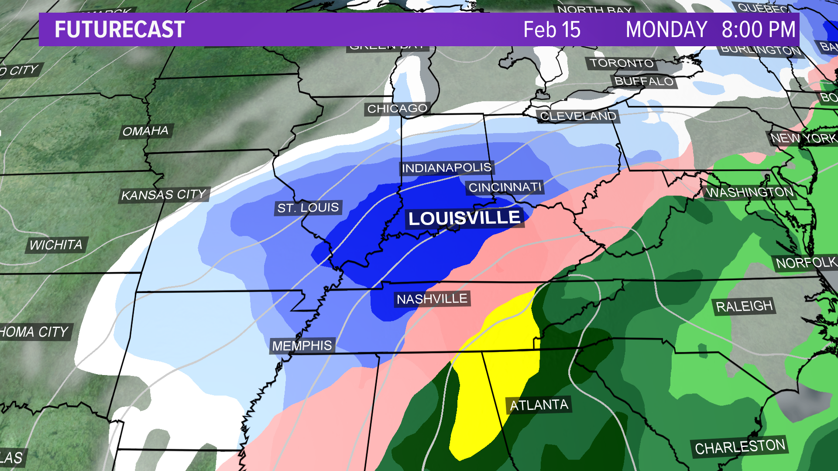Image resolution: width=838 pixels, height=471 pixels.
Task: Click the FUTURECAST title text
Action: (120, 30)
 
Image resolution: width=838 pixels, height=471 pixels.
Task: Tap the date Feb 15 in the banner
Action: (552, 30)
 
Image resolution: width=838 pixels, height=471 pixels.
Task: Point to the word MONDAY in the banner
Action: (666, 30)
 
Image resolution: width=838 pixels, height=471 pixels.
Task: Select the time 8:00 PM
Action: (759, 30)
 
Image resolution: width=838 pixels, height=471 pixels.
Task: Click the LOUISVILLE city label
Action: (464, 218)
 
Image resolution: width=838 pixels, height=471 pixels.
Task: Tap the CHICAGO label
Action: (397, 109)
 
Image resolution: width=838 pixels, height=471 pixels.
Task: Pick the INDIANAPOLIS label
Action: (446, 168)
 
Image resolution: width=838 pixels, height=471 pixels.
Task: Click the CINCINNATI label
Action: (505, 188)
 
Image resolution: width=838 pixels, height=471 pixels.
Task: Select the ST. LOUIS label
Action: (308, 208)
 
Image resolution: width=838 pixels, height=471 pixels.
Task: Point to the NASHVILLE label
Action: (432, 299)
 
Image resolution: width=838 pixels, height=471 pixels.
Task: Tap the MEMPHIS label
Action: (302, 346)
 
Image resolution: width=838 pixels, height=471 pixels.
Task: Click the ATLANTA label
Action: (539, 405)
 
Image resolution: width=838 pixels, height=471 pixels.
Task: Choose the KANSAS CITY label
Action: (164, 195)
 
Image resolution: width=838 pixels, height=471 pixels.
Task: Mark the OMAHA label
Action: (145, 131)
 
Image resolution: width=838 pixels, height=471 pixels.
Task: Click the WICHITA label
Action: (56, 245)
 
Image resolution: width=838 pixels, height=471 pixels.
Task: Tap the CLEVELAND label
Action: (578, 116)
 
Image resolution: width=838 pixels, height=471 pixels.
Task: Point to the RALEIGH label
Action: (744, 307)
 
